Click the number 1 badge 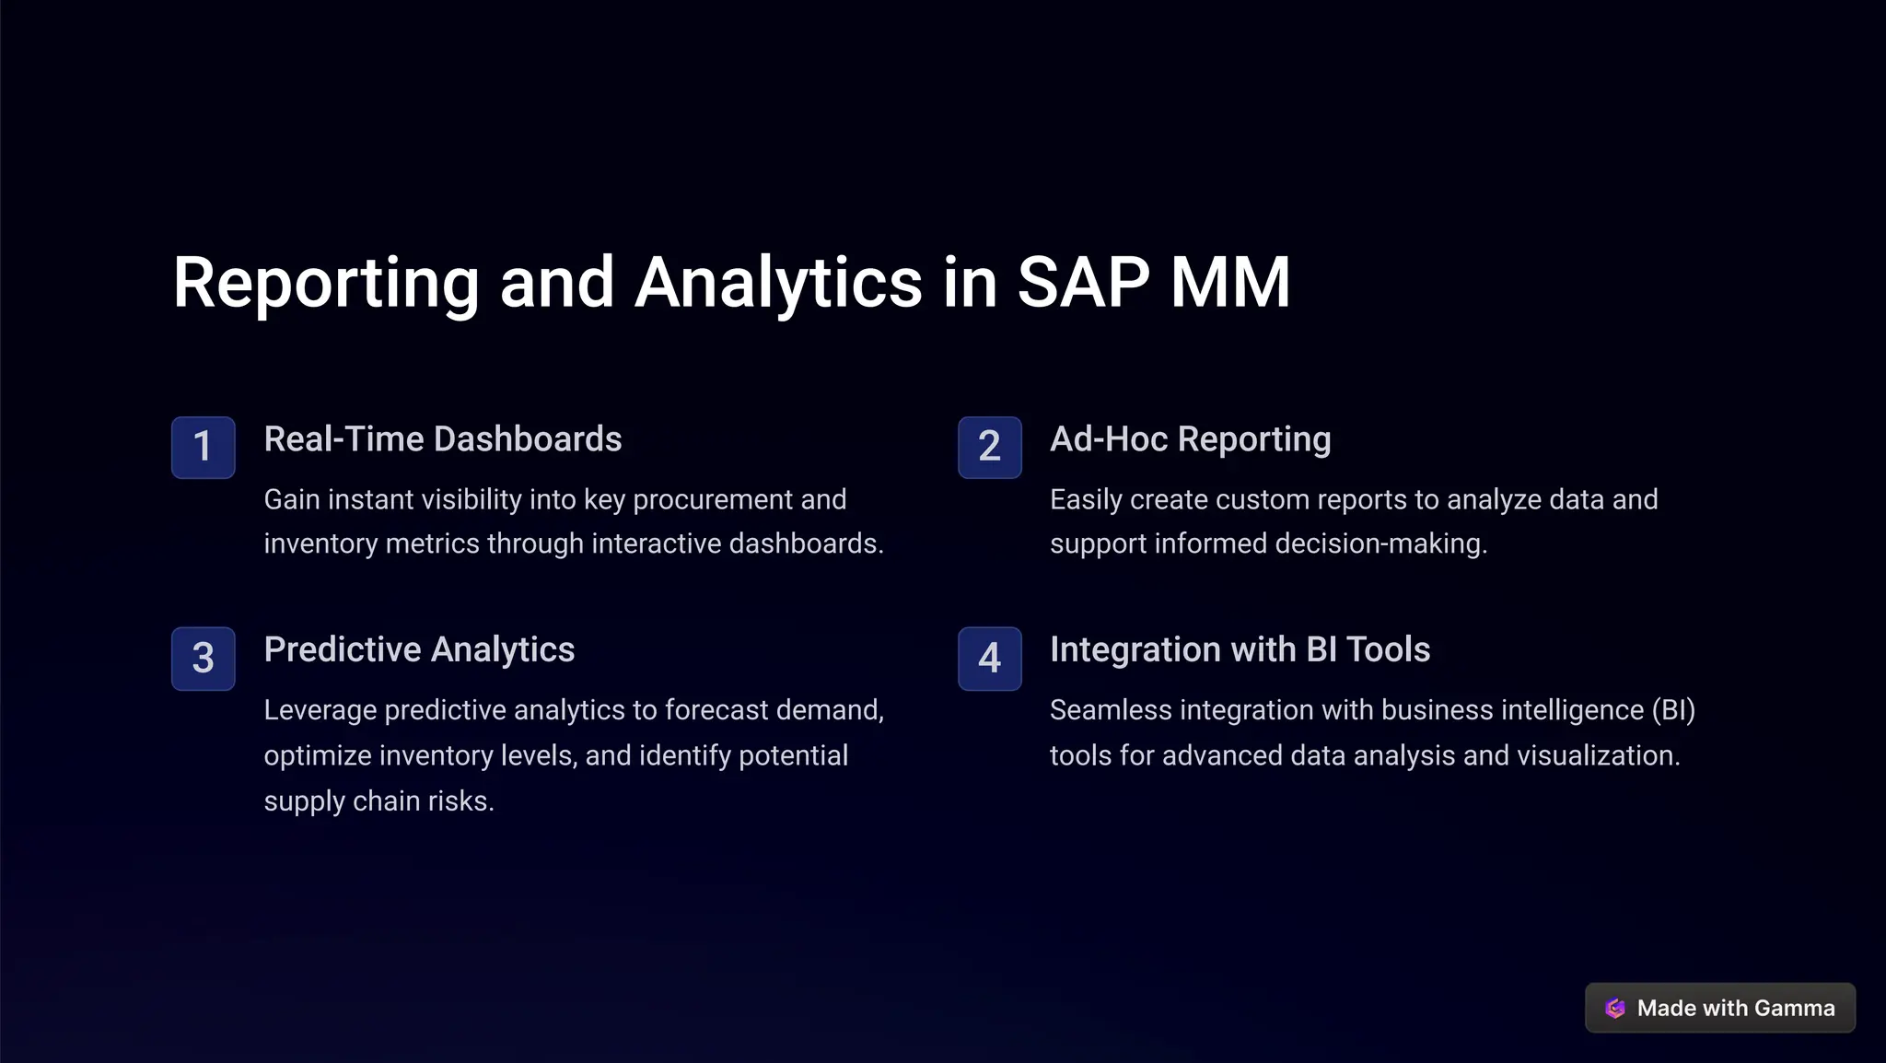(x=203, y=447)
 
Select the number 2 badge (x=989, y=447)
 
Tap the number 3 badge (x=203, y=658)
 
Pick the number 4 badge (x=989, y=658)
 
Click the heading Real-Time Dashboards (x=442, y=439)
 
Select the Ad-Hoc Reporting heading (x=1190, y=439)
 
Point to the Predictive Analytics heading (x=419, y=649)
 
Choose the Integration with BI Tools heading (x=1240, y=649)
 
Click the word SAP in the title (x=1082, y=282)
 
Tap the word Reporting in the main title (x=326, y=282)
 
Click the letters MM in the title (x=1229, y=282)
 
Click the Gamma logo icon (x=1614, y=1008)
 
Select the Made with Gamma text (x=1735, y=1008)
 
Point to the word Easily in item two (x=1086, y=499)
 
